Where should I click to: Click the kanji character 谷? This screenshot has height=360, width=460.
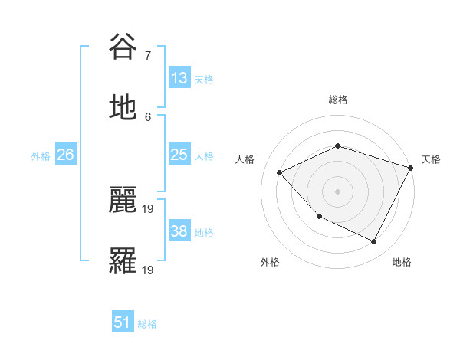point(123,47)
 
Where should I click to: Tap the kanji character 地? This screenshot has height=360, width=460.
point(123,108)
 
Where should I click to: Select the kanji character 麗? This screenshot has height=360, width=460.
point(123,200)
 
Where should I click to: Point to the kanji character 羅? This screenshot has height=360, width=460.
point(123,261)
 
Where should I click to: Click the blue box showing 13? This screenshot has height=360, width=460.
point(179,78)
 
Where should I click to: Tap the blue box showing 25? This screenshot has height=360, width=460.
point(179,155)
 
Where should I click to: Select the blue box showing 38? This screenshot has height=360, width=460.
point(179,231)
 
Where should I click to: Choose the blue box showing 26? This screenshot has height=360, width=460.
point(66,155)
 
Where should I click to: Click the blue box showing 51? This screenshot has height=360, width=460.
point(123,322)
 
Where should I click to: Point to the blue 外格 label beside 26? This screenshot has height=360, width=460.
point(41,155)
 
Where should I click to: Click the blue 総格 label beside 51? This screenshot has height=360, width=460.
point(147,324)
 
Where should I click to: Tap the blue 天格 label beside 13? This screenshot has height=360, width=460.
point(204,79)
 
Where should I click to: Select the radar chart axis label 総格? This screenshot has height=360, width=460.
point(338,100)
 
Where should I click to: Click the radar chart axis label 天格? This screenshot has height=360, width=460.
point(431,159)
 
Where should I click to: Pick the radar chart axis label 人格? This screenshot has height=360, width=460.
point(245,159)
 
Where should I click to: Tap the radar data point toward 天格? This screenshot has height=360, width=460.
point(412,167)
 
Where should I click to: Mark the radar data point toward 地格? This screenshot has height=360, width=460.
point(374,242)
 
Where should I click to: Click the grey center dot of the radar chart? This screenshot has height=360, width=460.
point(337,191)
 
